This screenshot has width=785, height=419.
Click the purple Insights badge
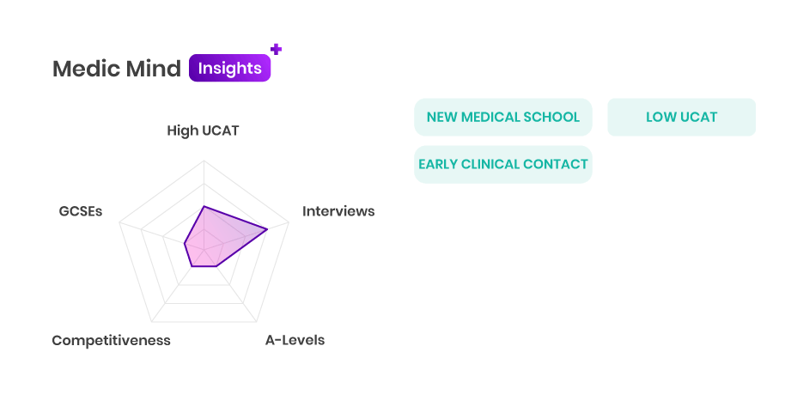[x=230, y=68]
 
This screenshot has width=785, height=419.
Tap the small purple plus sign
[x=276, y=49]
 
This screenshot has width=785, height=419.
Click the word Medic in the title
[x=86, y=69]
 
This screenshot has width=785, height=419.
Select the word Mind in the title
[x=153, y=69]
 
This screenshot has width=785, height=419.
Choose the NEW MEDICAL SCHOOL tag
[x=503, y=117]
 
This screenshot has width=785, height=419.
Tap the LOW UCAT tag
[x=681, y=117]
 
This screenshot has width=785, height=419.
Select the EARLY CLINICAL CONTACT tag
[x=503, y=164]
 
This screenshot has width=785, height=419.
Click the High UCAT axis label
[x=203, y=131]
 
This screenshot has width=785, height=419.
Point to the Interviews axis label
[x=338, y=211]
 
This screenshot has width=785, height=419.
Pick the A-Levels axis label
[x=295, y=340]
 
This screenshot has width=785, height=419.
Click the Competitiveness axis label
[x=111, y=340]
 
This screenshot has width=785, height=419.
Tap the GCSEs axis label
[x=81, y=211]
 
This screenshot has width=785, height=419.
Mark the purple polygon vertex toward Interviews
[x=267, y=229]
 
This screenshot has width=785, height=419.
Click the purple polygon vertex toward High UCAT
[x=204, y=206]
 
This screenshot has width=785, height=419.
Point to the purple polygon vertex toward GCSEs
[x=185, y=244]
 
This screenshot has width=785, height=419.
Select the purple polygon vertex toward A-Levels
[x=216, y=266]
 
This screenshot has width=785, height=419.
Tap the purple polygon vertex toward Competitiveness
[x=192, y=266]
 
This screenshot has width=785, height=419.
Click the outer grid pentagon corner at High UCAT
[x=204, y=161]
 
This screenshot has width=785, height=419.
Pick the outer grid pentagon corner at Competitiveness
[x=151, y=322]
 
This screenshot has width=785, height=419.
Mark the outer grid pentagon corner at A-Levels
[x=256, y=322]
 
